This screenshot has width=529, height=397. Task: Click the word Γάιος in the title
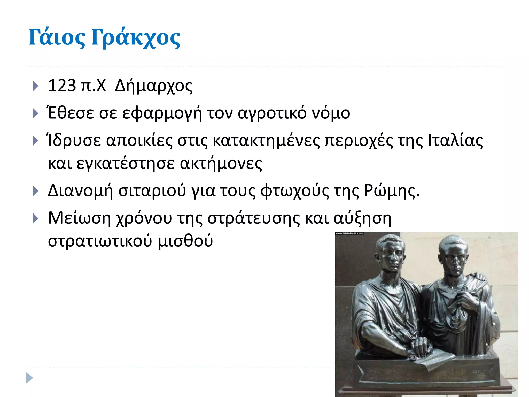57,38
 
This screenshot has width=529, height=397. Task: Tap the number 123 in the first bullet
62,86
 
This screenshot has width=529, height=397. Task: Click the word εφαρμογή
162,113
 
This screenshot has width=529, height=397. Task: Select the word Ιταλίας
455,141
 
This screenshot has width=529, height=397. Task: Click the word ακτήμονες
221,164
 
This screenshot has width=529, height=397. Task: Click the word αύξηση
362,218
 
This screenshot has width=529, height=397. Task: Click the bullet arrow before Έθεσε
36,113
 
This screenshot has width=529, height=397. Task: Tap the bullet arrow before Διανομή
36,191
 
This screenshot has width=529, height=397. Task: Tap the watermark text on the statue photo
349,233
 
